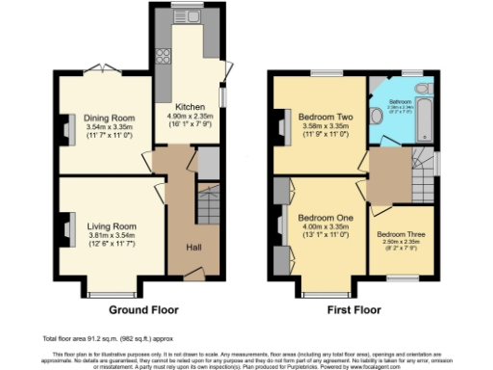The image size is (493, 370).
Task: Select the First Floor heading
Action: [x=353, y=310]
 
